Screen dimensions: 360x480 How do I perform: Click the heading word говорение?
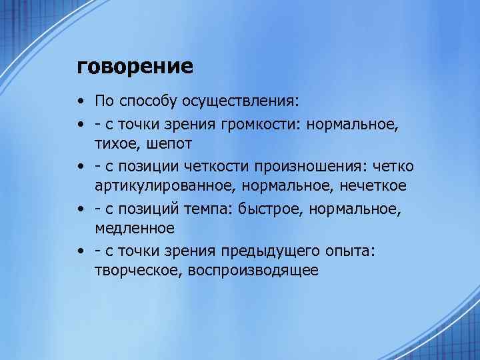pos(135,67)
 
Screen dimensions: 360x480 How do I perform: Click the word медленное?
pos(135,229)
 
